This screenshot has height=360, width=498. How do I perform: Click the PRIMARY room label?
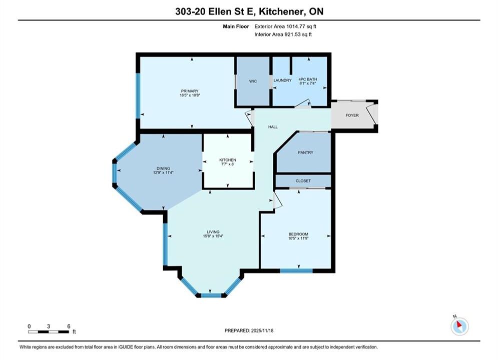190,91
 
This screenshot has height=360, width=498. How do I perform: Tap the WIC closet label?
253,81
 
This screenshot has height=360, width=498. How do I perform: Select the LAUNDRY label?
282,80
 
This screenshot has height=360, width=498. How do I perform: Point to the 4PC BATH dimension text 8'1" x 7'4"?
308,83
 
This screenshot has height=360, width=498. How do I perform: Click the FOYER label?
352,115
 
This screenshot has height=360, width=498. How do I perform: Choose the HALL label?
273,127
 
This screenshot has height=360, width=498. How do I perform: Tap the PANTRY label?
305,152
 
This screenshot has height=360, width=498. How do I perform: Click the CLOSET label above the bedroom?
303,181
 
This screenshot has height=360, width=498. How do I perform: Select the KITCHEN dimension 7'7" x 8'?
228,164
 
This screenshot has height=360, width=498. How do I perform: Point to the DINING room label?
163,168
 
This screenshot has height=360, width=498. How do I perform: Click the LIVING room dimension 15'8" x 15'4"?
213,236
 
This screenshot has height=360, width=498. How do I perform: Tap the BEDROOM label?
298,234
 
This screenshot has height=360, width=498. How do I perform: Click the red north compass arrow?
458,324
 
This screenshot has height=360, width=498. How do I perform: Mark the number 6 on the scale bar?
69,326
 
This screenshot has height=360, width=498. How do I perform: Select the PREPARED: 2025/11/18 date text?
249,330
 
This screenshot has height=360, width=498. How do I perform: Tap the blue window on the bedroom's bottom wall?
296,271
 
